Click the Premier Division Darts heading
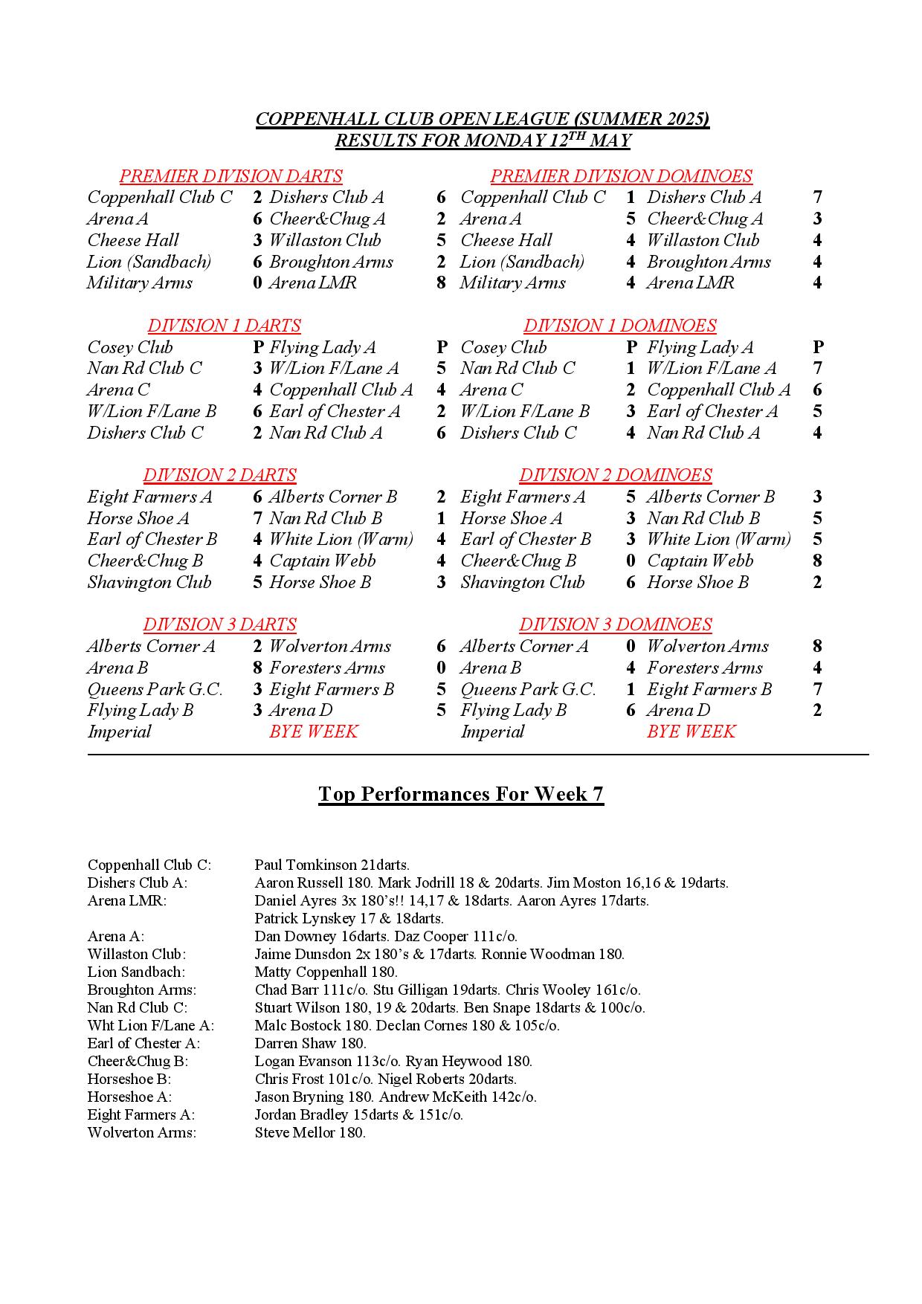pos(230,176)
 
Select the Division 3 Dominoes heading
pos(615,624)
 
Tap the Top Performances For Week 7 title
pos(460,794)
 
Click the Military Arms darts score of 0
pos(257,283)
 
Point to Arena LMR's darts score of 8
pos(441,283)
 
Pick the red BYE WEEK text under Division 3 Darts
pos(313,732)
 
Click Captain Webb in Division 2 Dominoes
pos(700,561)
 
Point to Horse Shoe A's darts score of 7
pos(257,518)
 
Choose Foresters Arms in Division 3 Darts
pos(326,668)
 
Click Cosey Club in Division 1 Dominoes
pos(503,347)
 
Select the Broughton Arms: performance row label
pos(141,990)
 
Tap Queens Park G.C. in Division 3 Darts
pos(155,689)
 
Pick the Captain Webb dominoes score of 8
pos(817,561)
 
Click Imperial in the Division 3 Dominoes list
pos(492,732)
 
